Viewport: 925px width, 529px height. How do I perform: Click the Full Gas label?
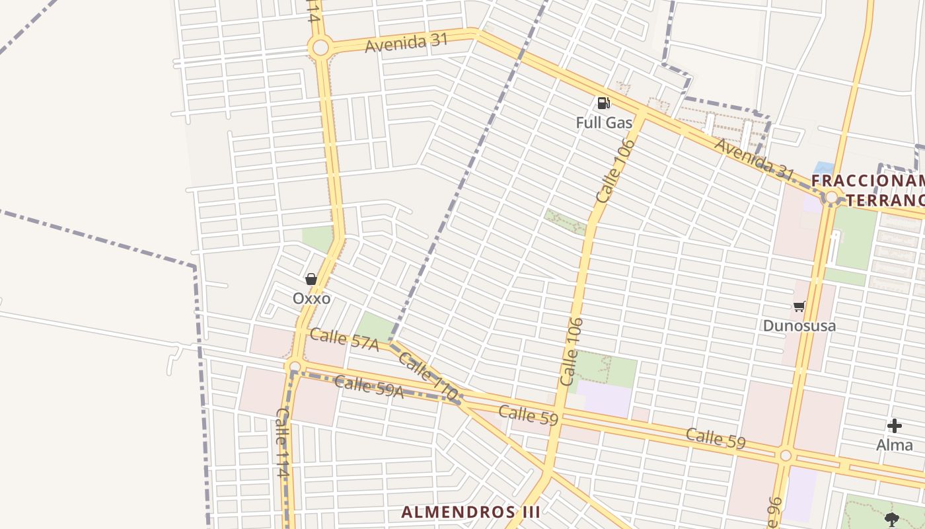[x=604, y=122]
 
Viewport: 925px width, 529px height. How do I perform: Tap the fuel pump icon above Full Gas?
[x=603, y=102]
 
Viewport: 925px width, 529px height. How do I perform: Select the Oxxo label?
[x=311, y=298]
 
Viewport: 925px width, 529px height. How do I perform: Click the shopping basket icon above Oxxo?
[x=311, y=279]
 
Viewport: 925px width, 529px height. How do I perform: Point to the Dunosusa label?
[x=799, y=325]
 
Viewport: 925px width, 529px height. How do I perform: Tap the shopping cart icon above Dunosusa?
[x=799, y=306]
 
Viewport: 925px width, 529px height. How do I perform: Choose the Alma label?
[x=894, y=445]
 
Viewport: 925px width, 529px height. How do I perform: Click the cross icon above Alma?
[x=894, y=426]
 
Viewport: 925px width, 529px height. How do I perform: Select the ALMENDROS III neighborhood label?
[x=471, y=512]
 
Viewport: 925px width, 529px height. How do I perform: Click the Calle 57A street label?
[x=344, y=340]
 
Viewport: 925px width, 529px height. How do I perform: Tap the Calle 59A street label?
[x=369, y=386]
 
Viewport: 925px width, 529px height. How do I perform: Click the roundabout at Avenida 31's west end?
[x=320, y=48]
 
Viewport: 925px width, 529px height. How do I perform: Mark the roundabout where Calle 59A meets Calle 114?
[x=295, y=366]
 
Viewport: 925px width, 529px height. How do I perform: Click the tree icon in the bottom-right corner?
[x=892, y=519]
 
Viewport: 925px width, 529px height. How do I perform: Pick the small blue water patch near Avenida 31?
[x=823, y=168]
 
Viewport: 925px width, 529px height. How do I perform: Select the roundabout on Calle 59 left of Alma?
[x=785, y=455]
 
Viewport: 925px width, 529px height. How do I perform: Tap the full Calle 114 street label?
[x=282, y=442]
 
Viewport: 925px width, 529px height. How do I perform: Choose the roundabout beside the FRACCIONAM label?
[x=831, y=196]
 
